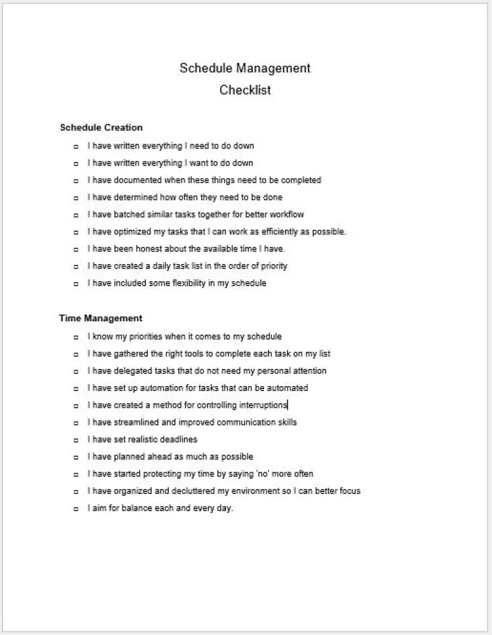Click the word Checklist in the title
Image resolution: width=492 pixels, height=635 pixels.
click(x=245, y=90)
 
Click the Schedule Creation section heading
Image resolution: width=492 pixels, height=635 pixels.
click(x=101, y=128)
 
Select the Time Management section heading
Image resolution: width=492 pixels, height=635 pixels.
click(x=100, y=318)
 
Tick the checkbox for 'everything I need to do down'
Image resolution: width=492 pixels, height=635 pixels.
click(x=76, y=147)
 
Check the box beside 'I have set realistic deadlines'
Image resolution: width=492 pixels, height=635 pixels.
click(x=76, y=440)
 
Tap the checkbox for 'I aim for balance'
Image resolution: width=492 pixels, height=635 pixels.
click(x=76, y=509)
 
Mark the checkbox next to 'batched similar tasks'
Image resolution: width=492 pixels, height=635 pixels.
click(x=76, y=215)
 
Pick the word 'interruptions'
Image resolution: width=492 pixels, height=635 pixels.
click(x=262, y=405)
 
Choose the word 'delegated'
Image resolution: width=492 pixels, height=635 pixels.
click(x=134, y=371)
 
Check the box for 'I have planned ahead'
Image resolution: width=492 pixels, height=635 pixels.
click(x=76, y=457)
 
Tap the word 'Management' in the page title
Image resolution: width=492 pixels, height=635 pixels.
click(x=273, y=69)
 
